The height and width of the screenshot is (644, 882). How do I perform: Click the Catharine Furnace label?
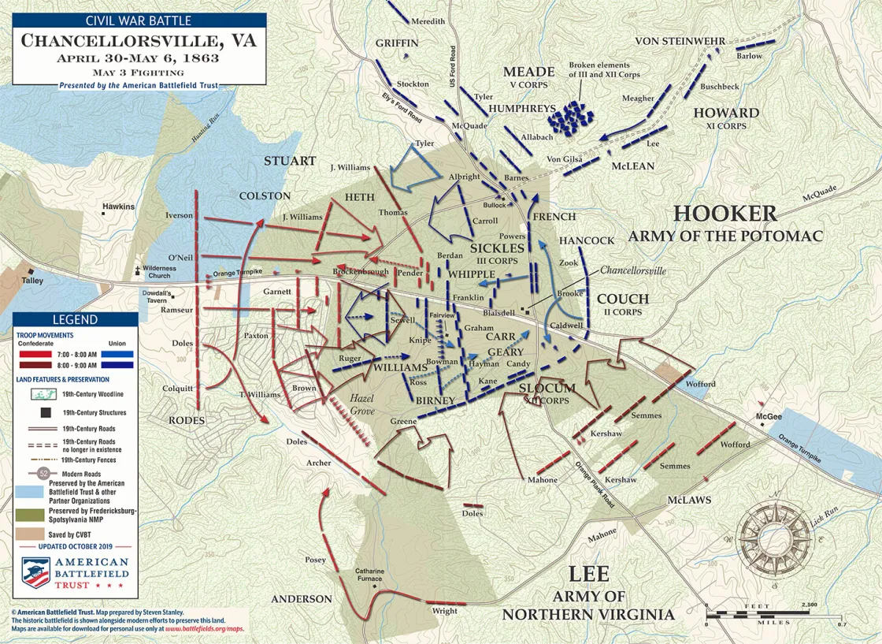click(369, 575)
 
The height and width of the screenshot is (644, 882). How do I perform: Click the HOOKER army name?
click(724, 214)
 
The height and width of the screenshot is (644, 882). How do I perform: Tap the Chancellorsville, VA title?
click(139, 41)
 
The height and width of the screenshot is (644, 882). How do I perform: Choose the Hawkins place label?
click(118, 207)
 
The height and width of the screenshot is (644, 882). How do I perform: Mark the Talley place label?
click(33, 280)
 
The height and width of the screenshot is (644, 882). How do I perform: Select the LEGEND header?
click(75, 320)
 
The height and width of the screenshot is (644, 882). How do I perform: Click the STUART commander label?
click(290, 161)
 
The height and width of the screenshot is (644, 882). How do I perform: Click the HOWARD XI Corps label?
click(725, 117)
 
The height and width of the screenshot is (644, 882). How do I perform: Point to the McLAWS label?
click(689, 500)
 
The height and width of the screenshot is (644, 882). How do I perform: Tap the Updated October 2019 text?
click(75, 546)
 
